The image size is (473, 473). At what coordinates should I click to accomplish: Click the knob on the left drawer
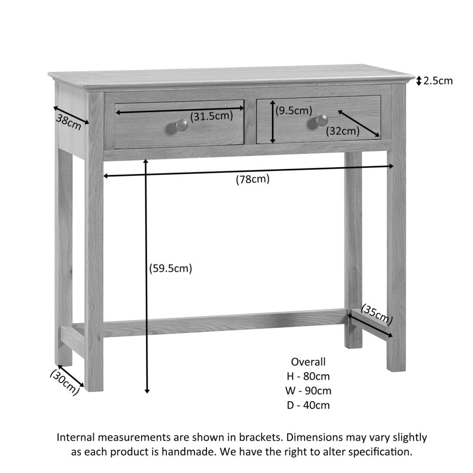tap(182, 125)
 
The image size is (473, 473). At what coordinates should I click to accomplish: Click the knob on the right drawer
tap(322, 120)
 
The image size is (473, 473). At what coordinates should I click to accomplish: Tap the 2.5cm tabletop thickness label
tap(438, 81)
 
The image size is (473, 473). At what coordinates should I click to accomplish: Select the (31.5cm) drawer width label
tap(211, 116)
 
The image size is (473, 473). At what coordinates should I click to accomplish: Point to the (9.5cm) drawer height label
tap(294, 111)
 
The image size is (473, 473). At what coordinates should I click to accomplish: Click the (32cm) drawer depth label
tap(343, 131)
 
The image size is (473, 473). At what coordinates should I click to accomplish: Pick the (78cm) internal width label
tap(253, 179)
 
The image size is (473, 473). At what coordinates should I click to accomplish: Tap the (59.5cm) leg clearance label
tap(171, 269)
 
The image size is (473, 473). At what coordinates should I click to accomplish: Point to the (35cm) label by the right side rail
tap(377, 314)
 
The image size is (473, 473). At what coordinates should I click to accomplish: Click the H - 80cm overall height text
tap(308, 377)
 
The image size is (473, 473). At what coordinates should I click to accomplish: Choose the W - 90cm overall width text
tap(308, 391)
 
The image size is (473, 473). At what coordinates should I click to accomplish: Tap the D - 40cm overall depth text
tap(308, 405)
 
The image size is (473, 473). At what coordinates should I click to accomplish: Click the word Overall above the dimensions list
tap(308, 362)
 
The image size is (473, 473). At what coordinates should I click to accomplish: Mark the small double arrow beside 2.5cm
tap(419, 81)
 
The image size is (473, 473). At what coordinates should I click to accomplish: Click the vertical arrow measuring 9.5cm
tap(272, 122)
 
